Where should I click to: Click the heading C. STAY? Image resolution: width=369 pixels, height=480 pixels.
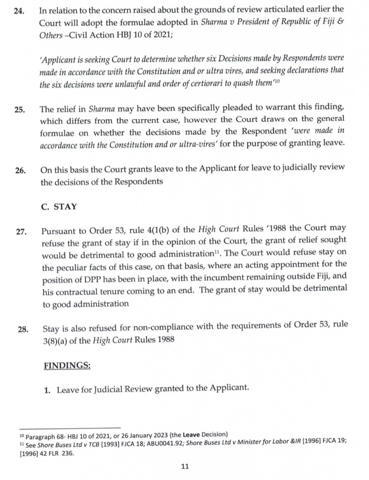pos(59,206)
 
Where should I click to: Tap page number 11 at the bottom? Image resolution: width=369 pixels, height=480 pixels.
pos(185,466)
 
